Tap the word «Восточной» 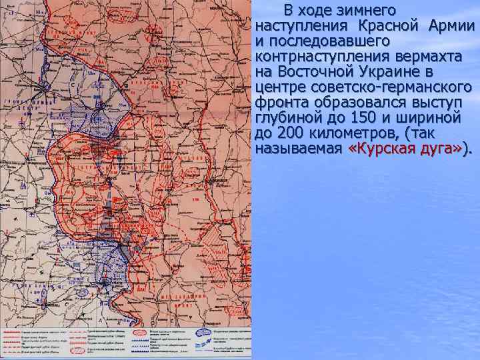[313, 72]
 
